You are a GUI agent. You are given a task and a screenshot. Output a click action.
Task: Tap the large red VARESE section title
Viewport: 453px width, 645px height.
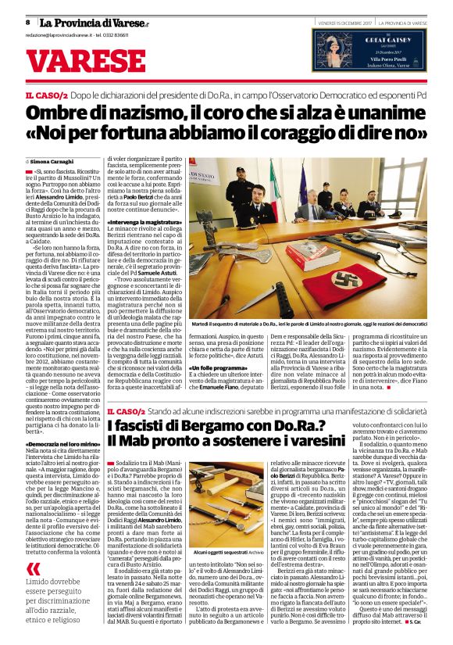pos(87,59)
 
